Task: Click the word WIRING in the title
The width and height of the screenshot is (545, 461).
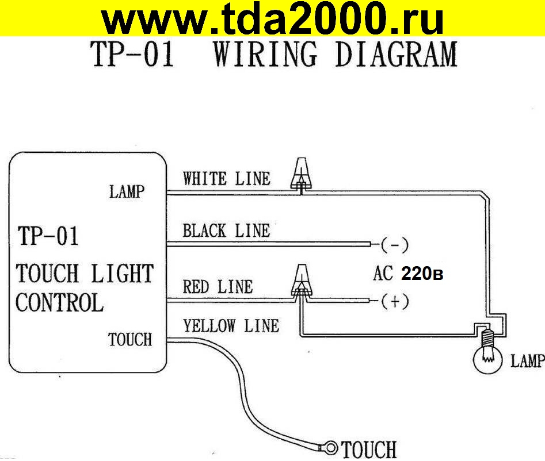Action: click(265, 55)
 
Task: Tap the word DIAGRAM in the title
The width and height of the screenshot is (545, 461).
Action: click(395, 55)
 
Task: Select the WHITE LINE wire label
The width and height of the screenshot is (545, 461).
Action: click(226, 179)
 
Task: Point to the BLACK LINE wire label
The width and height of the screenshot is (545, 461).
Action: click(226, 231)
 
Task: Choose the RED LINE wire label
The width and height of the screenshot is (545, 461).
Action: click(218, 286)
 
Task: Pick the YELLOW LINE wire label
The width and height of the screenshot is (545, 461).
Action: click(231, 326)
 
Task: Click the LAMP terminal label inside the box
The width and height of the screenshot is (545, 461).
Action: click(127, 192)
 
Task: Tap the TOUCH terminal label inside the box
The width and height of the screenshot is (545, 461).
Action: click(130, 340)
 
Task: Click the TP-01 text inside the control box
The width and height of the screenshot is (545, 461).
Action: click(48, 236)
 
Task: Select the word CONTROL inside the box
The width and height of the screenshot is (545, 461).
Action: click(59, 303)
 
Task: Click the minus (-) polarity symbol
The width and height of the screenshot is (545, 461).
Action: click(394, 246)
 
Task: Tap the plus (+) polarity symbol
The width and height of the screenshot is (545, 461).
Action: click(394, 301)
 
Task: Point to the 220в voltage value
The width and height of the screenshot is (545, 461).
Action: click(422, 275)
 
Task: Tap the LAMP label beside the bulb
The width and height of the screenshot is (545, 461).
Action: click(527, 361)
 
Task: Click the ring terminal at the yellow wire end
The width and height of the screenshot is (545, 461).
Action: click(330, 446)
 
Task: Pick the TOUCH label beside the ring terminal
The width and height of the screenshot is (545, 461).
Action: click(369, 449)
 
